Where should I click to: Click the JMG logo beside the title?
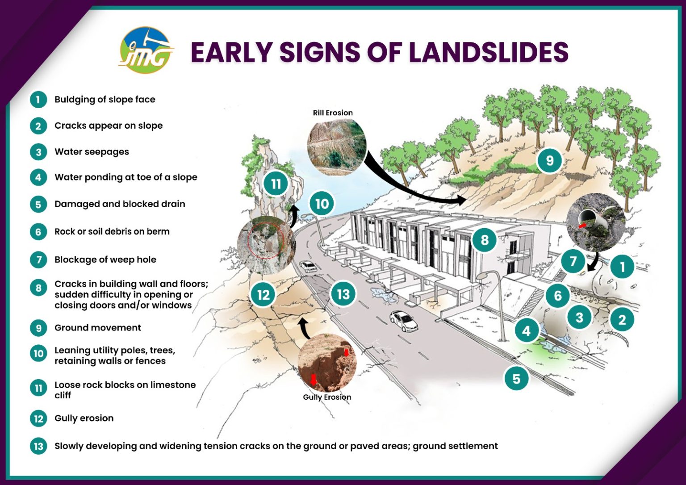146,50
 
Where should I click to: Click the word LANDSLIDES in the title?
489,52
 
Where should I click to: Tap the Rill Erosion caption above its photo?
333,113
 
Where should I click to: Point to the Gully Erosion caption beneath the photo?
327,397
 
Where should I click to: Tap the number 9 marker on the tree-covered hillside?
549,160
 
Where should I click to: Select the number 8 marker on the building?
485,240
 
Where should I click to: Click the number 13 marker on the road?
343,294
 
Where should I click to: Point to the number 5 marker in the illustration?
516,379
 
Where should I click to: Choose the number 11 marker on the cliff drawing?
276,184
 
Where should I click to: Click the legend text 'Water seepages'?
92,152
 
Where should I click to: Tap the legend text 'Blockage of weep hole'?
105,259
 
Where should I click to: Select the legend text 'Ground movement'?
97,328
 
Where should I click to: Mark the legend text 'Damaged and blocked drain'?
120,204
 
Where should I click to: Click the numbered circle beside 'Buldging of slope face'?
38,100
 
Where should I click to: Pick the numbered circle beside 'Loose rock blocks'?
38,388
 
